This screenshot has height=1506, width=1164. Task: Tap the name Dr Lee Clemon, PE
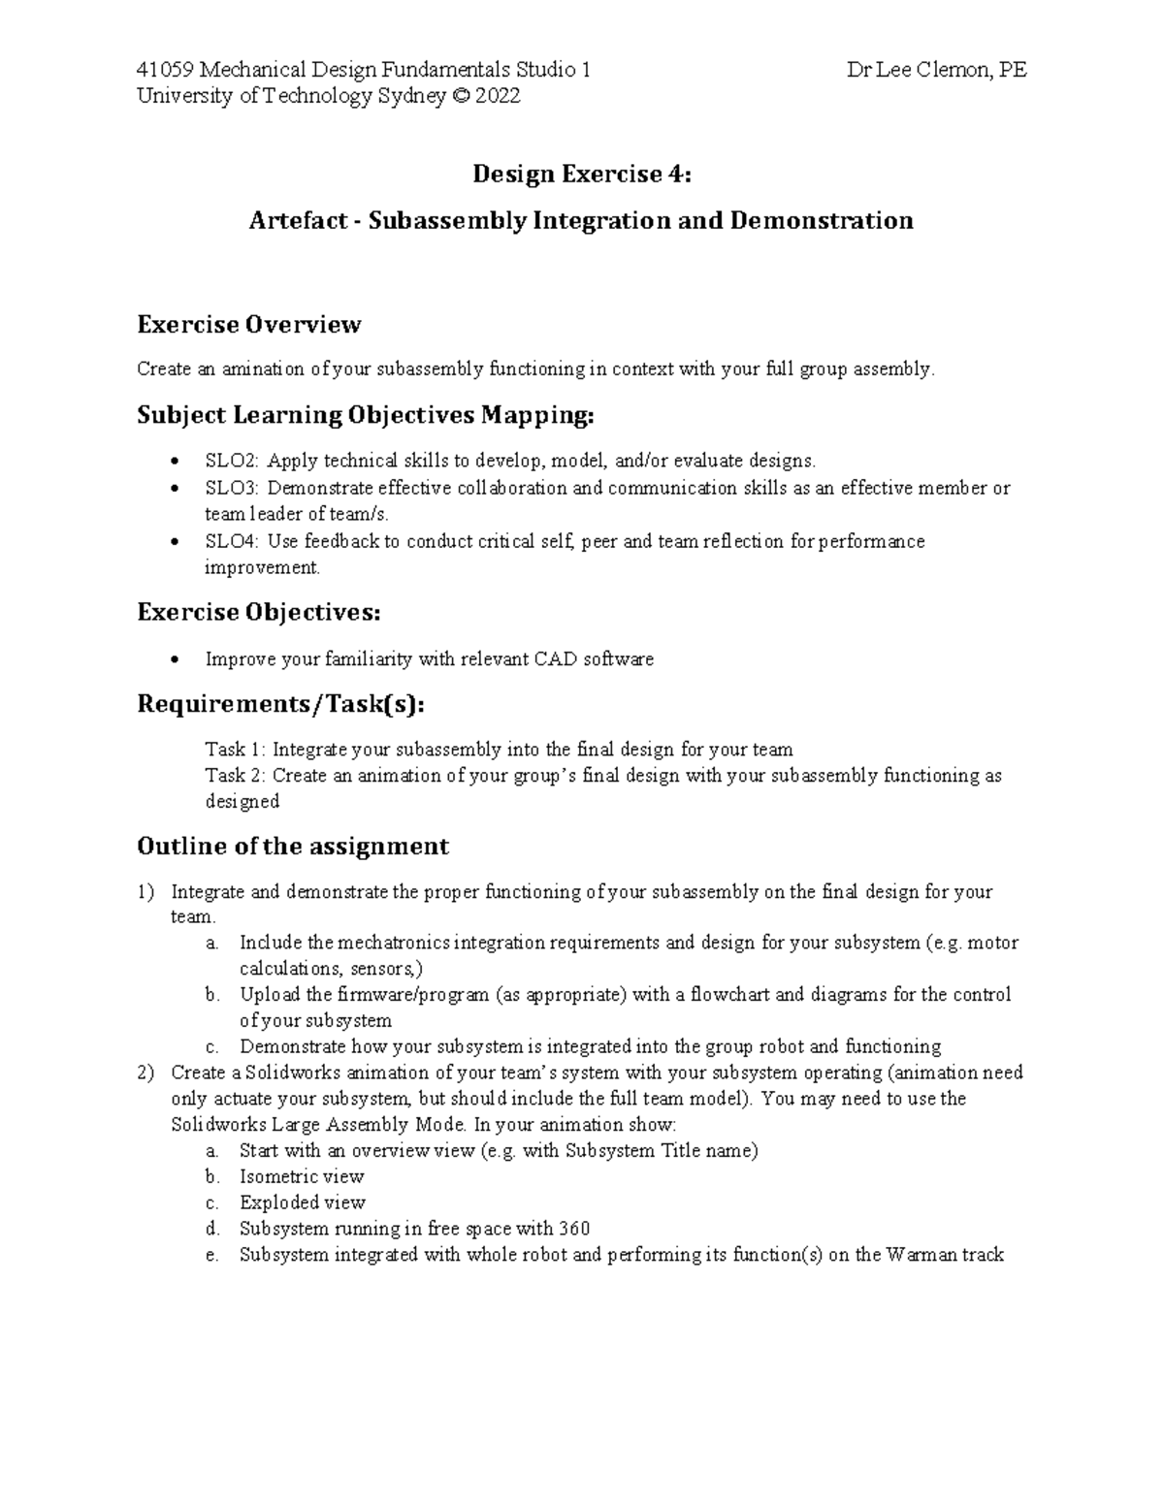[936, 70]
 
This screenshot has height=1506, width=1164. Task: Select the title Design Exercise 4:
[582, 175]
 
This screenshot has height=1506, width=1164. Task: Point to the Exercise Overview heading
[249, 324]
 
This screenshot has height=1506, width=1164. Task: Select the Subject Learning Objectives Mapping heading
[365, 416]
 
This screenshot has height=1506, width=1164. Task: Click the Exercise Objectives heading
[259, 613]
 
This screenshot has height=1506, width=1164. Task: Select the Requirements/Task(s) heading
[281, 705]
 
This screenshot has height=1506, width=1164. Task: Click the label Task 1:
[236, 750]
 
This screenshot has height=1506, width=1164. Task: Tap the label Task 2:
[236, 776]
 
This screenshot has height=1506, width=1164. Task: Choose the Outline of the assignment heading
[293, 847]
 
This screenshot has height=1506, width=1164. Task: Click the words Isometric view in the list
[302, 1177]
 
